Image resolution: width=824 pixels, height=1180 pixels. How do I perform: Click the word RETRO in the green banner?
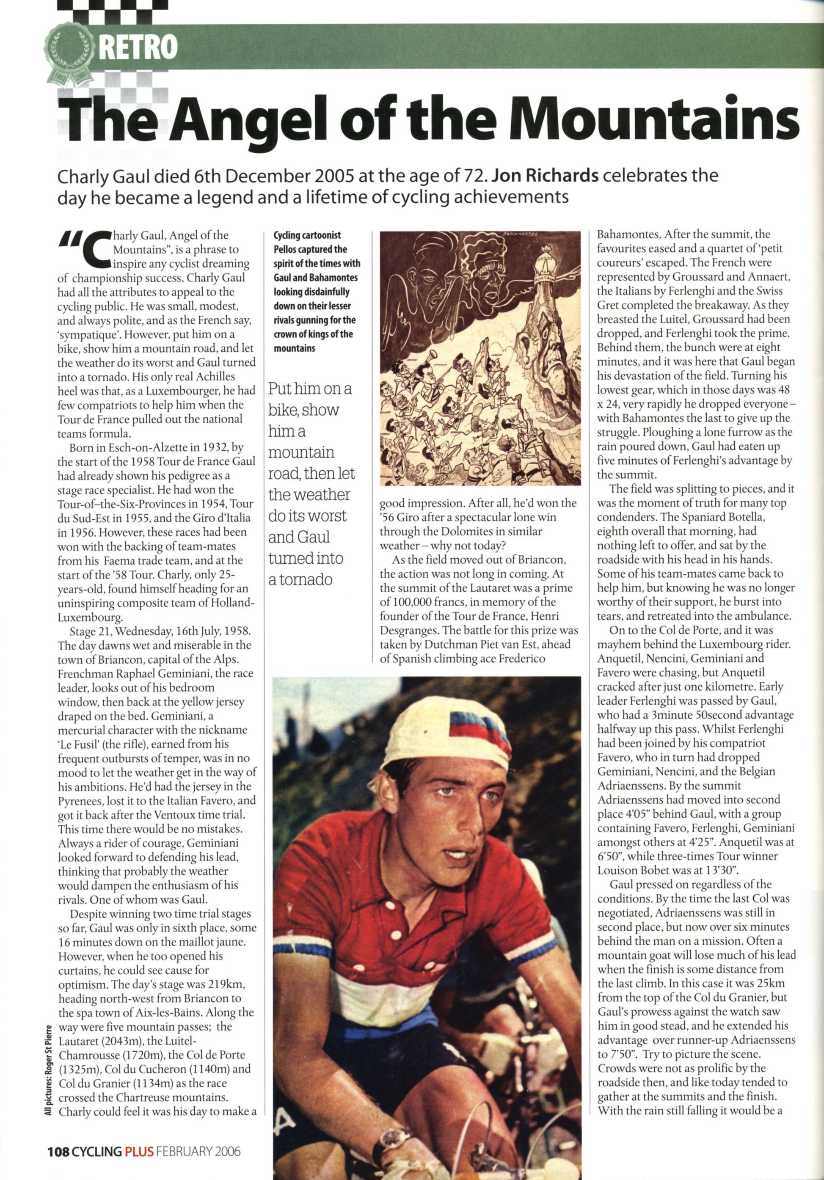(138, 48)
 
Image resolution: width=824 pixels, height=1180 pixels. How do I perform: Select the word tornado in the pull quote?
(301, 580)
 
